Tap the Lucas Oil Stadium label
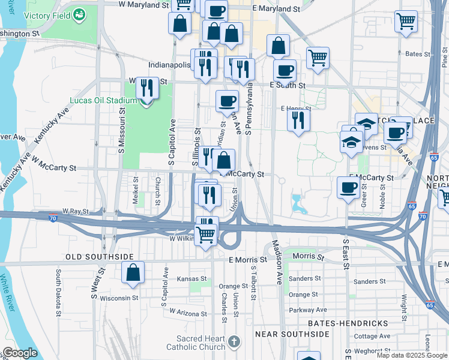click(99, 100)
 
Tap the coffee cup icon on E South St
click(285, 70)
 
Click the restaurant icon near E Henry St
click(298, 120)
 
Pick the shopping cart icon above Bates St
click(406, 22)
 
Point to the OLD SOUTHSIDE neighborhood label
click(99, 257)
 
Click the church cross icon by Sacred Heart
click(234, 343)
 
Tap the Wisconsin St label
click(119, 297)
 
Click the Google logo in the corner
click(19, 353)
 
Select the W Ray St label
click(75, 211)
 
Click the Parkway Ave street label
click(308, 310)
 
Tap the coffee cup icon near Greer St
click(348, 188)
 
